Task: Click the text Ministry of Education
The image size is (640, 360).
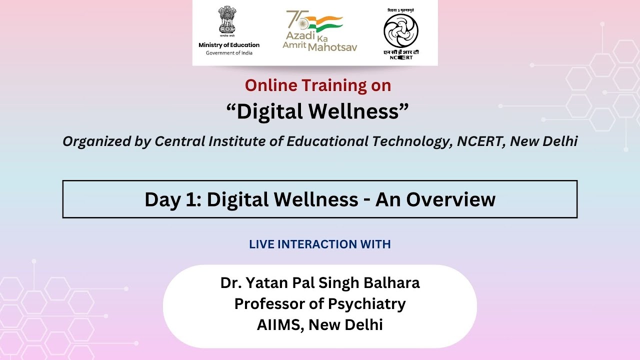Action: point(229,45)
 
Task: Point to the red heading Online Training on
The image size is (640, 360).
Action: point(318,85)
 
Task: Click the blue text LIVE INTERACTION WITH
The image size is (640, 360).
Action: point(320,244)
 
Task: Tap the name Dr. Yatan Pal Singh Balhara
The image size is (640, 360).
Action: point(320,283)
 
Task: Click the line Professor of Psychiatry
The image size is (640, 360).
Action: point(320,303)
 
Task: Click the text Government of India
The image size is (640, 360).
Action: point(229,53)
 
